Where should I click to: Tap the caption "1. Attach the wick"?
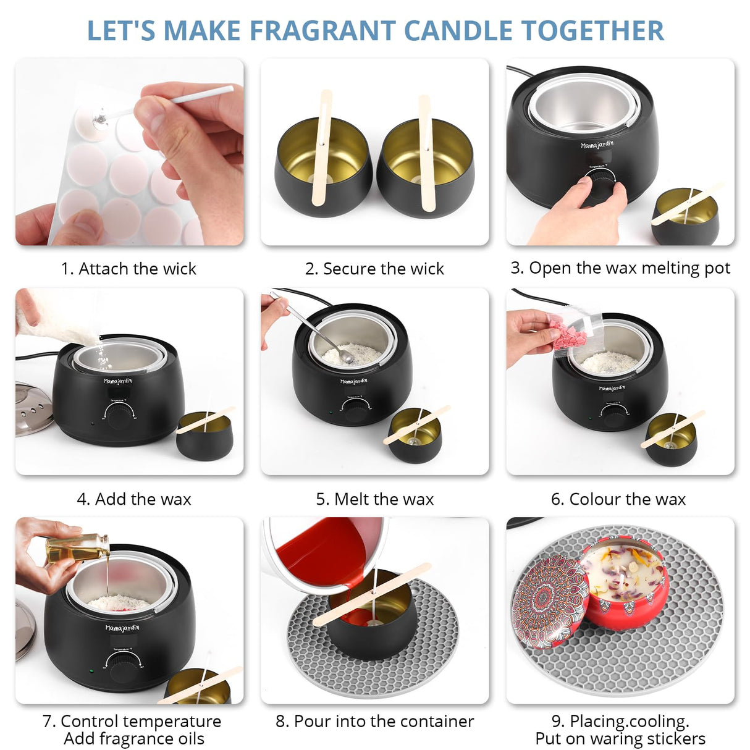tap(129, 269)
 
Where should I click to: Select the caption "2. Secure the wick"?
tap(374, 269)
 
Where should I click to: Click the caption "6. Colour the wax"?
tap(618, 499)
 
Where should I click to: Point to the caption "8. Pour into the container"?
tap(374, 721)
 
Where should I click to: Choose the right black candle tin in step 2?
tap(426, 170)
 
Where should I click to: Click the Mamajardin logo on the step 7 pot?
tap(122, 628)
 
